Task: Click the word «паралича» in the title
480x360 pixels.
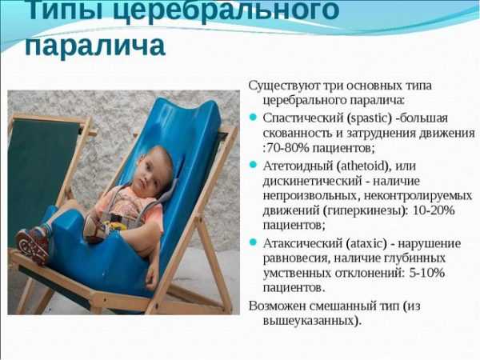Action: click(95, 46)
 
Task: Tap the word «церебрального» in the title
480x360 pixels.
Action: click(226, 10)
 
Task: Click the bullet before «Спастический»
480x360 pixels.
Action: click(253, 118)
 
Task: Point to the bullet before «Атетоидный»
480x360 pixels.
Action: click(253, 166)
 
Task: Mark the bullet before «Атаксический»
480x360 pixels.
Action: click(253, 243)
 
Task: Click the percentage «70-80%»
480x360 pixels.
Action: click(288, 149)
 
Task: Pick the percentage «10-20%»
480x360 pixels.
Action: click(434, 210)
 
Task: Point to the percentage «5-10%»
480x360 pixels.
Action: click(426, 273)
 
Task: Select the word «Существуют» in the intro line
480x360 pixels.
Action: click(283, 86)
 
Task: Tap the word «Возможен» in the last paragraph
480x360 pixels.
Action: click(277, 306)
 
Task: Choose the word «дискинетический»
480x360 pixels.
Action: click(313, 182)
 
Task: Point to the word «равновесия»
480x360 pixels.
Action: click(296, 259)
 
